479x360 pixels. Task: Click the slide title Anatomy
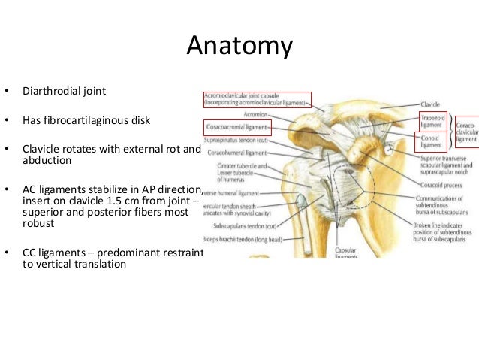[239, 47]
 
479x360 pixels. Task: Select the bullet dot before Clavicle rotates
[7, 149]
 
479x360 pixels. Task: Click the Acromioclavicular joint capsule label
[255, 101]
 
